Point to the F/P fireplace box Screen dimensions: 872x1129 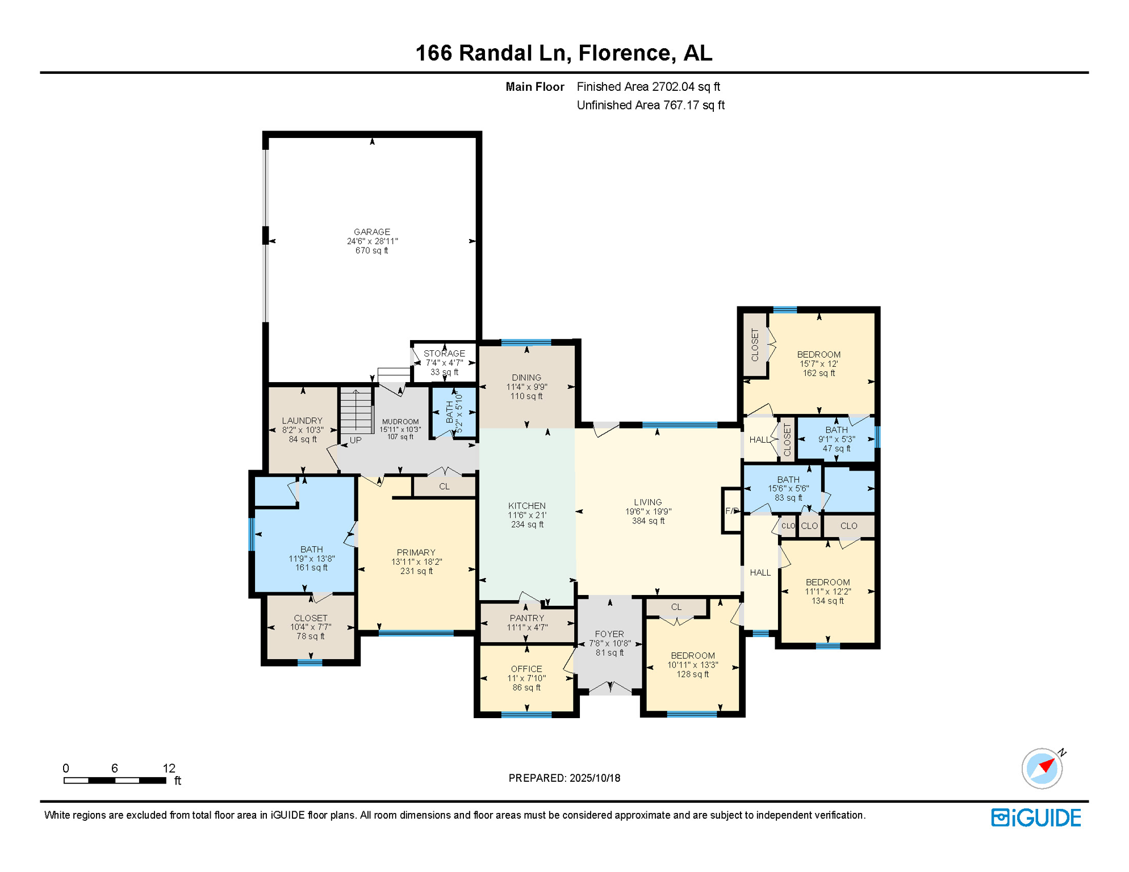(x=731, y=510)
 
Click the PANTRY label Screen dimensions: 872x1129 (x=526, y=618)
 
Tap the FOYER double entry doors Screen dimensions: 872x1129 (x=610, y=688)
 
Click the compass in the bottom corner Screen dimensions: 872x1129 (x=1042, y=768)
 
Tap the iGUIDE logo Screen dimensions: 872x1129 (x=1036, y=817)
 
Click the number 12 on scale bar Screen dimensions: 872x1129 (x=169, y=768)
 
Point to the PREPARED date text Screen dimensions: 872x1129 (x=564, y=778)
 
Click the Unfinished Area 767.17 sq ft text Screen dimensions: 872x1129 (x=650, y=105)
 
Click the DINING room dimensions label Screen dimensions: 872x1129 (x=526, y=387)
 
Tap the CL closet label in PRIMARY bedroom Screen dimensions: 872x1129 (x=444, y=487)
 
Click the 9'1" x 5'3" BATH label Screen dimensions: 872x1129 (x=836, y=439)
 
